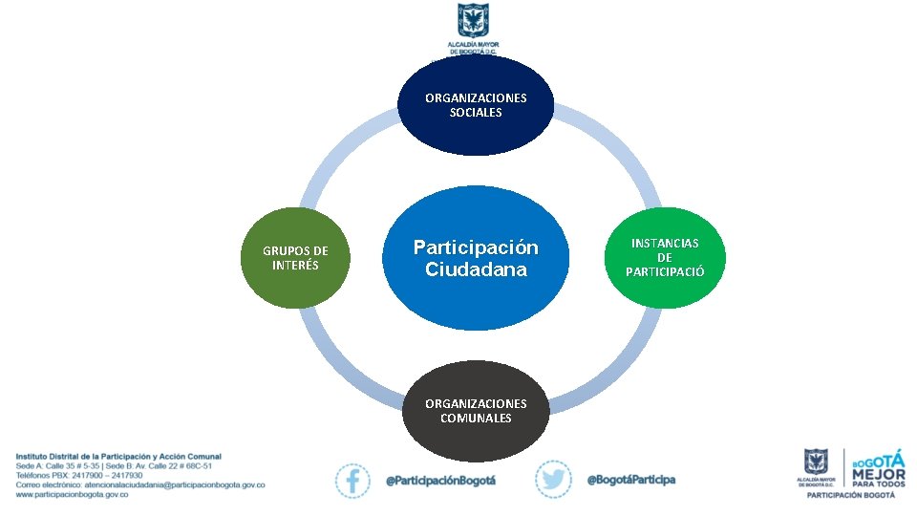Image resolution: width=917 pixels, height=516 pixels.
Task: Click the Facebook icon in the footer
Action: (352, 480)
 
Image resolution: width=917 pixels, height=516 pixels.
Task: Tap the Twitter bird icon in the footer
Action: (553, 480)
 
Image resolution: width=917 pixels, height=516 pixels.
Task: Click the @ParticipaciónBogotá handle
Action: (440, 480)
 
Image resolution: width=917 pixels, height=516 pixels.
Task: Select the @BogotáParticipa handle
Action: (630, 479)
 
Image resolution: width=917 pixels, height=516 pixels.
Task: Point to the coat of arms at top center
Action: (473, 21)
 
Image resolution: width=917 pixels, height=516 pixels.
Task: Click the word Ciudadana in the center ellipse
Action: (476, 269)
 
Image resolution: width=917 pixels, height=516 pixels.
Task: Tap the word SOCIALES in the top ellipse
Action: (476, 113)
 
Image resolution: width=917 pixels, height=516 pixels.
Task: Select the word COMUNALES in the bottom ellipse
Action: (476, 418)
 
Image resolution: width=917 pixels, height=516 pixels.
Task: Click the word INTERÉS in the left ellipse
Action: (295, 266)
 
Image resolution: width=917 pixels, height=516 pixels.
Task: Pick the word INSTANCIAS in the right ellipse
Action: (665, 244)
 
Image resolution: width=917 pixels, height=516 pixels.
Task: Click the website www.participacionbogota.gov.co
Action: (72, 495)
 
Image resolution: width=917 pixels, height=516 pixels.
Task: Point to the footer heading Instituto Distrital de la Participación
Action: (117, 457)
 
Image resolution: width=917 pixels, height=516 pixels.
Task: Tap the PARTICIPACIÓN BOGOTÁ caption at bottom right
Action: (851, 495)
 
